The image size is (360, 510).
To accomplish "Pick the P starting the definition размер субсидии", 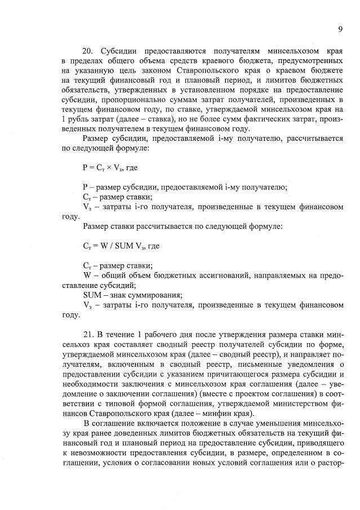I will point(85,187).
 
